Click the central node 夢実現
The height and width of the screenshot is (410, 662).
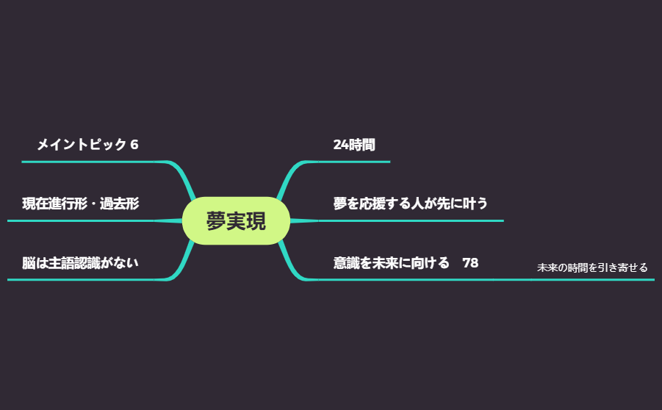[x=236, y=220]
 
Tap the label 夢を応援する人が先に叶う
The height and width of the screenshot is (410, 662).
[x=410, y=204]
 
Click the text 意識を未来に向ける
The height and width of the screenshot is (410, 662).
[x=391, y=262]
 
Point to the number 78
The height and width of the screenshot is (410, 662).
[x=470, y=262]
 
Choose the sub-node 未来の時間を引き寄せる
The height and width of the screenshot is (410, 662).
[x=592, y=267]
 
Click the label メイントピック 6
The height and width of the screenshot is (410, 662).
[x=87, y=145]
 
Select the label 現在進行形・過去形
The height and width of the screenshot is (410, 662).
[x=80, y=204]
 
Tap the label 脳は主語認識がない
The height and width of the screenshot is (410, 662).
[x=80, y=262]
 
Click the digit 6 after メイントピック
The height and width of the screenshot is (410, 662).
[x=134, y=145]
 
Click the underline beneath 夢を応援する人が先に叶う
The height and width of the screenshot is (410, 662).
[x=411, y=220]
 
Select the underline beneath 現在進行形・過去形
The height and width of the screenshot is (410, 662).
[x=81, y=220]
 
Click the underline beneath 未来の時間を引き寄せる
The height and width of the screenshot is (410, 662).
[x=592, y=280]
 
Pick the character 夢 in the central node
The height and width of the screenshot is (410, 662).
[x=216, y=220]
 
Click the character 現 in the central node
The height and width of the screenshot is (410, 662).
[x=256, y=220]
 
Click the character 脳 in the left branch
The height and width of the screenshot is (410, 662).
[x=29, y=262]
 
